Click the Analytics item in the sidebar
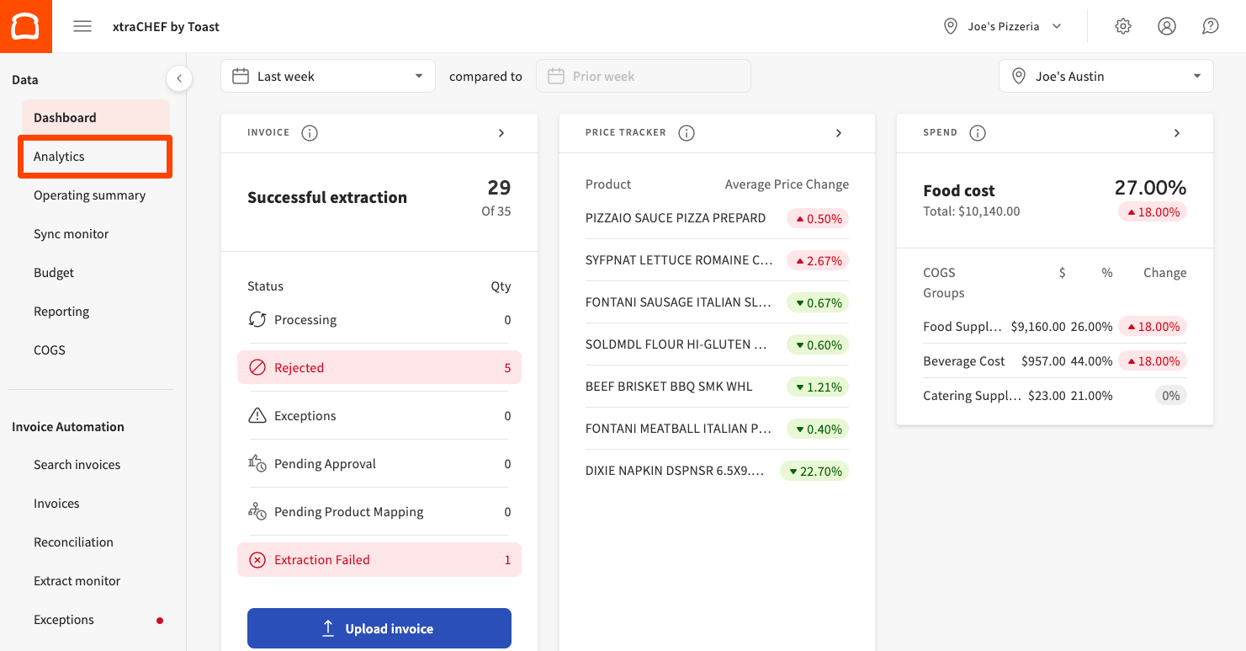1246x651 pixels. [60, 157]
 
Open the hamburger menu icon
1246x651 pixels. [82, 26]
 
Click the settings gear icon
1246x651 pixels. [1123, 26]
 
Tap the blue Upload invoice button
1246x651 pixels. [379, 628]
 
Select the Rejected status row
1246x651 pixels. [379, 368]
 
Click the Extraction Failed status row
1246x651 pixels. [379, 560]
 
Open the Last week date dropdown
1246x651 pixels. [328, 76]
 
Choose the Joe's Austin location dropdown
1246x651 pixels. [1105, 76]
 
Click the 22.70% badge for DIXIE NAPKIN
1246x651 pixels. [814, 471]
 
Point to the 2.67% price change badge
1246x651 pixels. [818, 260]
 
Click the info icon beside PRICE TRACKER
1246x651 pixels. [687, 133]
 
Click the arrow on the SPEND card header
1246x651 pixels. [1177, 133]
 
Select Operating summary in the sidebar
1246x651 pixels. [89, 195]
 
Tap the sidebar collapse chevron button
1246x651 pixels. [178, 78]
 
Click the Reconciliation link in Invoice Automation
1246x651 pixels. [73, 542]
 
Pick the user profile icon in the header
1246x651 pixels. [1167, 26]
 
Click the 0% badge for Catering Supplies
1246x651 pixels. [1170, 395]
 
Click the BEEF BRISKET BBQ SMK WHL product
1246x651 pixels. [669, 387]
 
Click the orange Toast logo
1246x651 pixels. [26, 26]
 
